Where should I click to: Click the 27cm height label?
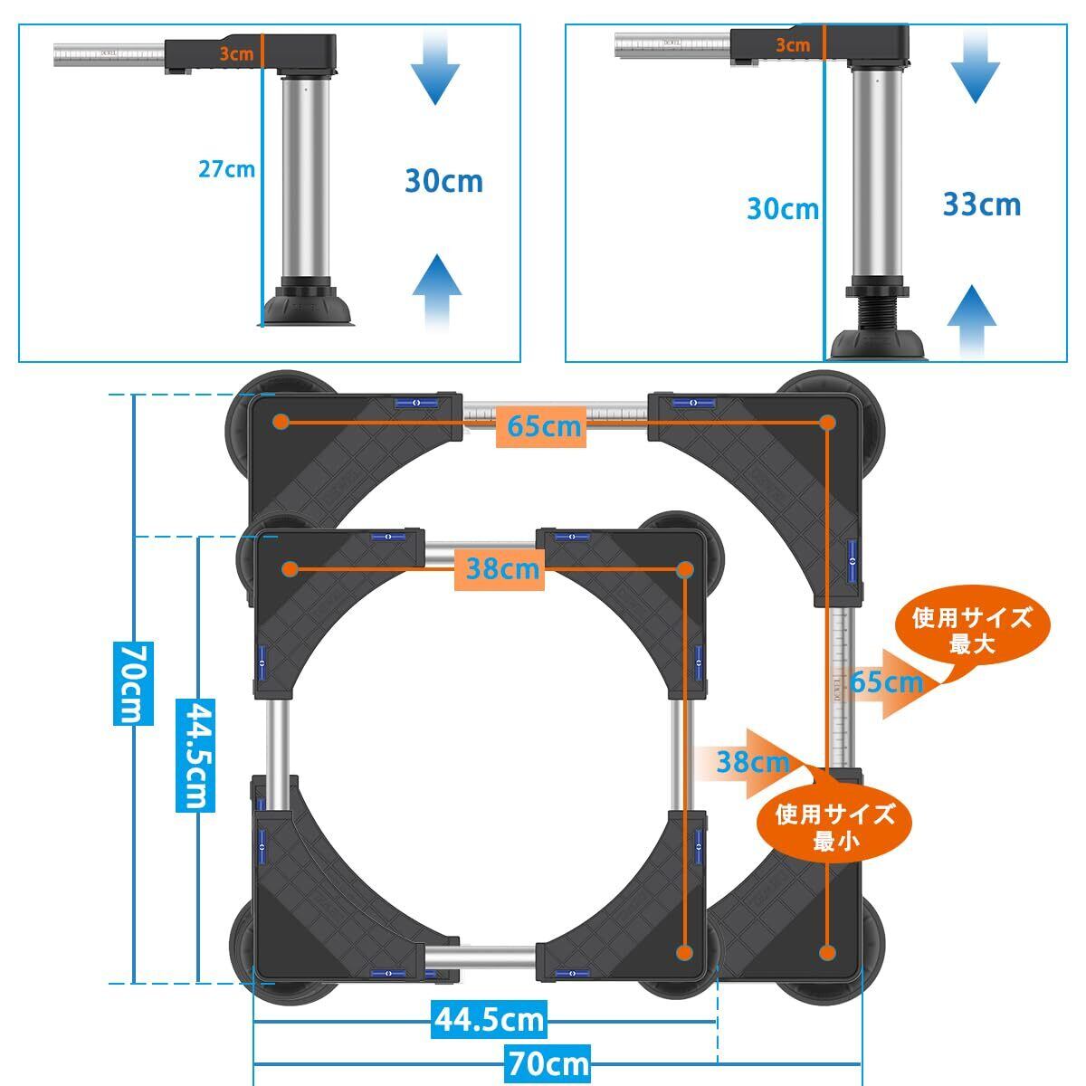226,168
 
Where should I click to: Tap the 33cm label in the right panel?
982,205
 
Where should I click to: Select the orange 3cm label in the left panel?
236,53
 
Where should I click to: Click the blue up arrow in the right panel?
972,319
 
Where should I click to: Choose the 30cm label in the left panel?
443,181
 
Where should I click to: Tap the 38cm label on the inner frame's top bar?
501,569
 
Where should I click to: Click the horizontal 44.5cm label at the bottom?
489,1020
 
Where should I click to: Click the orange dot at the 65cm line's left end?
281,422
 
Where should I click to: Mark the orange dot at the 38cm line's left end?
290,569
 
